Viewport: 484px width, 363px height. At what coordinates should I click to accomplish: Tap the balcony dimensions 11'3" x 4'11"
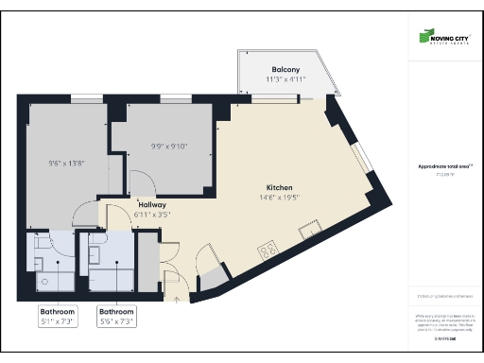pos(285,80)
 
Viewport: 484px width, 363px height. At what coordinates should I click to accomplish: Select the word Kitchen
pos(279,187)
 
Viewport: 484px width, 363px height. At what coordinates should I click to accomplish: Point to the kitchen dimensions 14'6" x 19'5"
pos(279,198)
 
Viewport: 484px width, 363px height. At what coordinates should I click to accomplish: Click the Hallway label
pos(152,204)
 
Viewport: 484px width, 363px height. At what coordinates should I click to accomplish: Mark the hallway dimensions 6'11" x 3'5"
pos(152,214)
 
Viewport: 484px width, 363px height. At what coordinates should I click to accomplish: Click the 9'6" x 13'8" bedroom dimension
pos(67,163)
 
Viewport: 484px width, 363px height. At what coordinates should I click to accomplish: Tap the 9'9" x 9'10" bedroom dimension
pos(170,146)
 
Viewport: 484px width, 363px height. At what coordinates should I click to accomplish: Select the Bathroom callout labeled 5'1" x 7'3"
pos(59,316)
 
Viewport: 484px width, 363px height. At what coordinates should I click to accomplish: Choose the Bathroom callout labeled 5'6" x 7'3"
pos(117,316)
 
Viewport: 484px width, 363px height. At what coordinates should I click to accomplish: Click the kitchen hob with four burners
pos(268,250)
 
